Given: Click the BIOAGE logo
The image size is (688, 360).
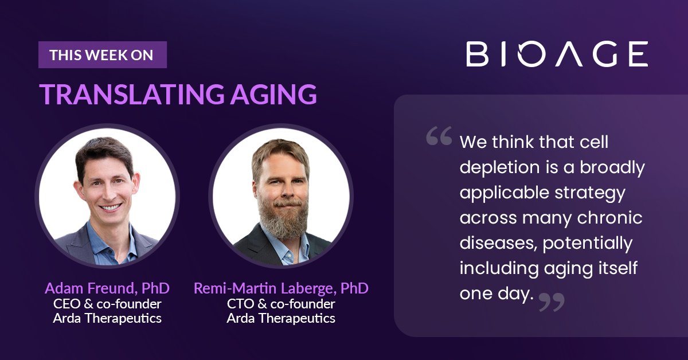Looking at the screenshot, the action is point(557,54).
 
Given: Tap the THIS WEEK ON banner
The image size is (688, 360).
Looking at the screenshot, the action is point(103,54).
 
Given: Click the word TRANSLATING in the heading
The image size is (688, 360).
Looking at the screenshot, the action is point(132,94).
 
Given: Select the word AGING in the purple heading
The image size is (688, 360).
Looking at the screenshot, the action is point(273,95).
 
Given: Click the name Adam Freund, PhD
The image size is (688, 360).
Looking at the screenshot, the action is point(107,288).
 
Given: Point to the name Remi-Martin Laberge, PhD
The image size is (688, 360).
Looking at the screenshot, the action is point(281,288).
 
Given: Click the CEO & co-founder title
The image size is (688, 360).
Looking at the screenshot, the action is point(107,304).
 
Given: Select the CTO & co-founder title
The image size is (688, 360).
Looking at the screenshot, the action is point(281,304).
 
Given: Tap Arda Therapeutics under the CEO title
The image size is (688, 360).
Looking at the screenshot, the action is point(107,318).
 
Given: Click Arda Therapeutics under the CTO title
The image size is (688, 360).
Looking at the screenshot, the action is point(281,318).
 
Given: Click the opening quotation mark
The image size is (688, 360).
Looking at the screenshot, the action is point(439,135).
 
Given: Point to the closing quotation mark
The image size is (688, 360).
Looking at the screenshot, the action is point(552,302).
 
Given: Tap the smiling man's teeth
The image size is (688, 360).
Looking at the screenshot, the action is point(111,208).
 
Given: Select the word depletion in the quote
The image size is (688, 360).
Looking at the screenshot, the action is point(499,168).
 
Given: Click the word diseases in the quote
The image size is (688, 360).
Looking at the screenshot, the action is point(498,243).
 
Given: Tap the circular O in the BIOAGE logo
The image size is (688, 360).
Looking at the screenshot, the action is point(527,54).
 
